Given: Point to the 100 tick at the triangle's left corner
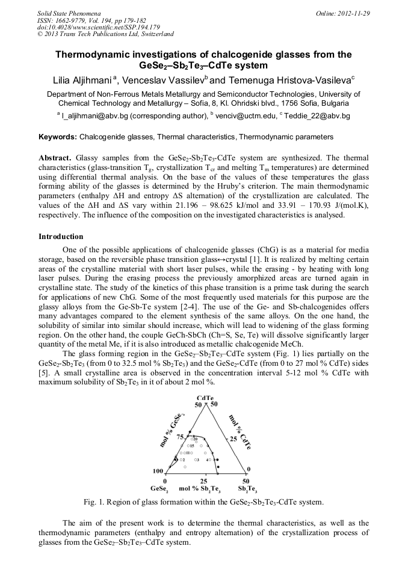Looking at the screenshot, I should coord(158,471).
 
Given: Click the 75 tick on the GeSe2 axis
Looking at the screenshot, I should coord(180,437).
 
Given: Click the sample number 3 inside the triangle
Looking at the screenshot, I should coord(197,459).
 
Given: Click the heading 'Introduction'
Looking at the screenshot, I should coord(61,237).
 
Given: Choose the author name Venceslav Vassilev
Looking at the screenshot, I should coord(162,80).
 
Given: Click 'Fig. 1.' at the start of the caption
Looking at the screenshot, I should coord(95,502).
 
